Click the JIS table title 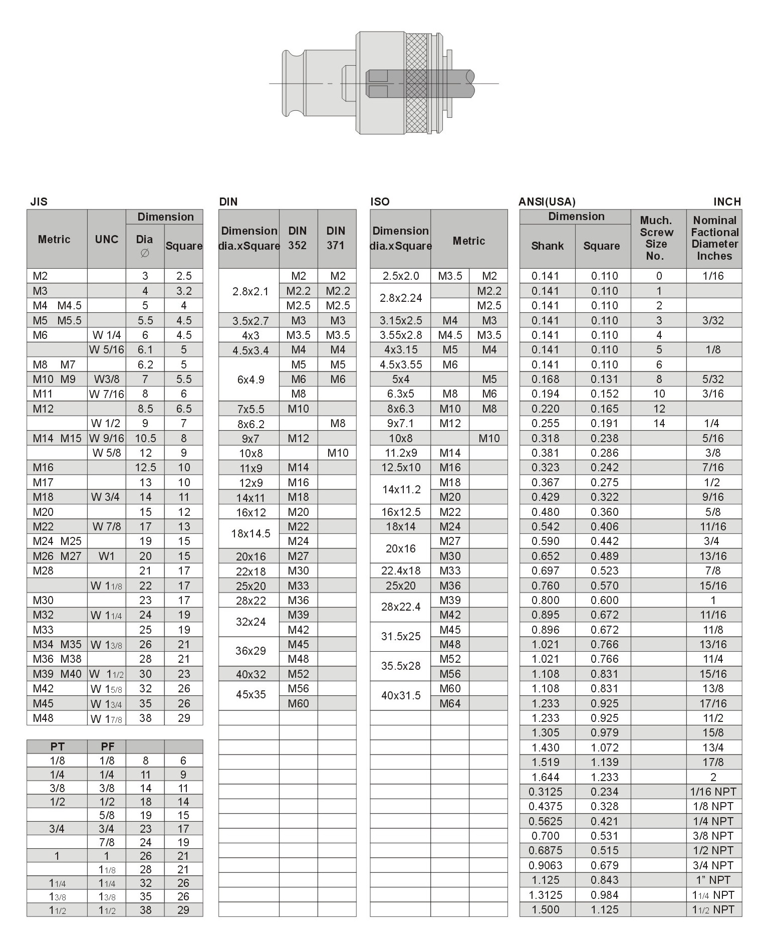[x=39, y=202]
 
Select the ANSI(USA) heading [x=547, y=202]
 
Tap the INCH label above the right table [x=727, y=202]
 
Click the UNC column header [x=106, y=239]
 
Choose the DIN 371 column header [x=336, y=238]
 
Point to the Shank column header [x=547, y=246]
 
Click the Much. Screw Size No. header [x=656, y=238]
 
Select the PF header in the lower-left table [x=107, y=746]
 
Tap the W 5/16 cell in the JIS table [x=106, y=349]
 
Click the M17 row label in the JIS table [x=43, y=482]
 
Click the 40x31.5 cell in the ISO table [x=400, y=695]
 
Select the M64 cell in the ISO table [x=450, y=703]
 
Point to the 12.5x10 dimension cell [x=400, y=467]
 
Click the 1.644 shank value [x=546, y=777]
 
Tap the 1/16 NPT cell [x=713, y=792]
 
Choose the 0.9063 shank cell [x=546, y=865]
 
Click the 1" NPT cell [x=713, y=880]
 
